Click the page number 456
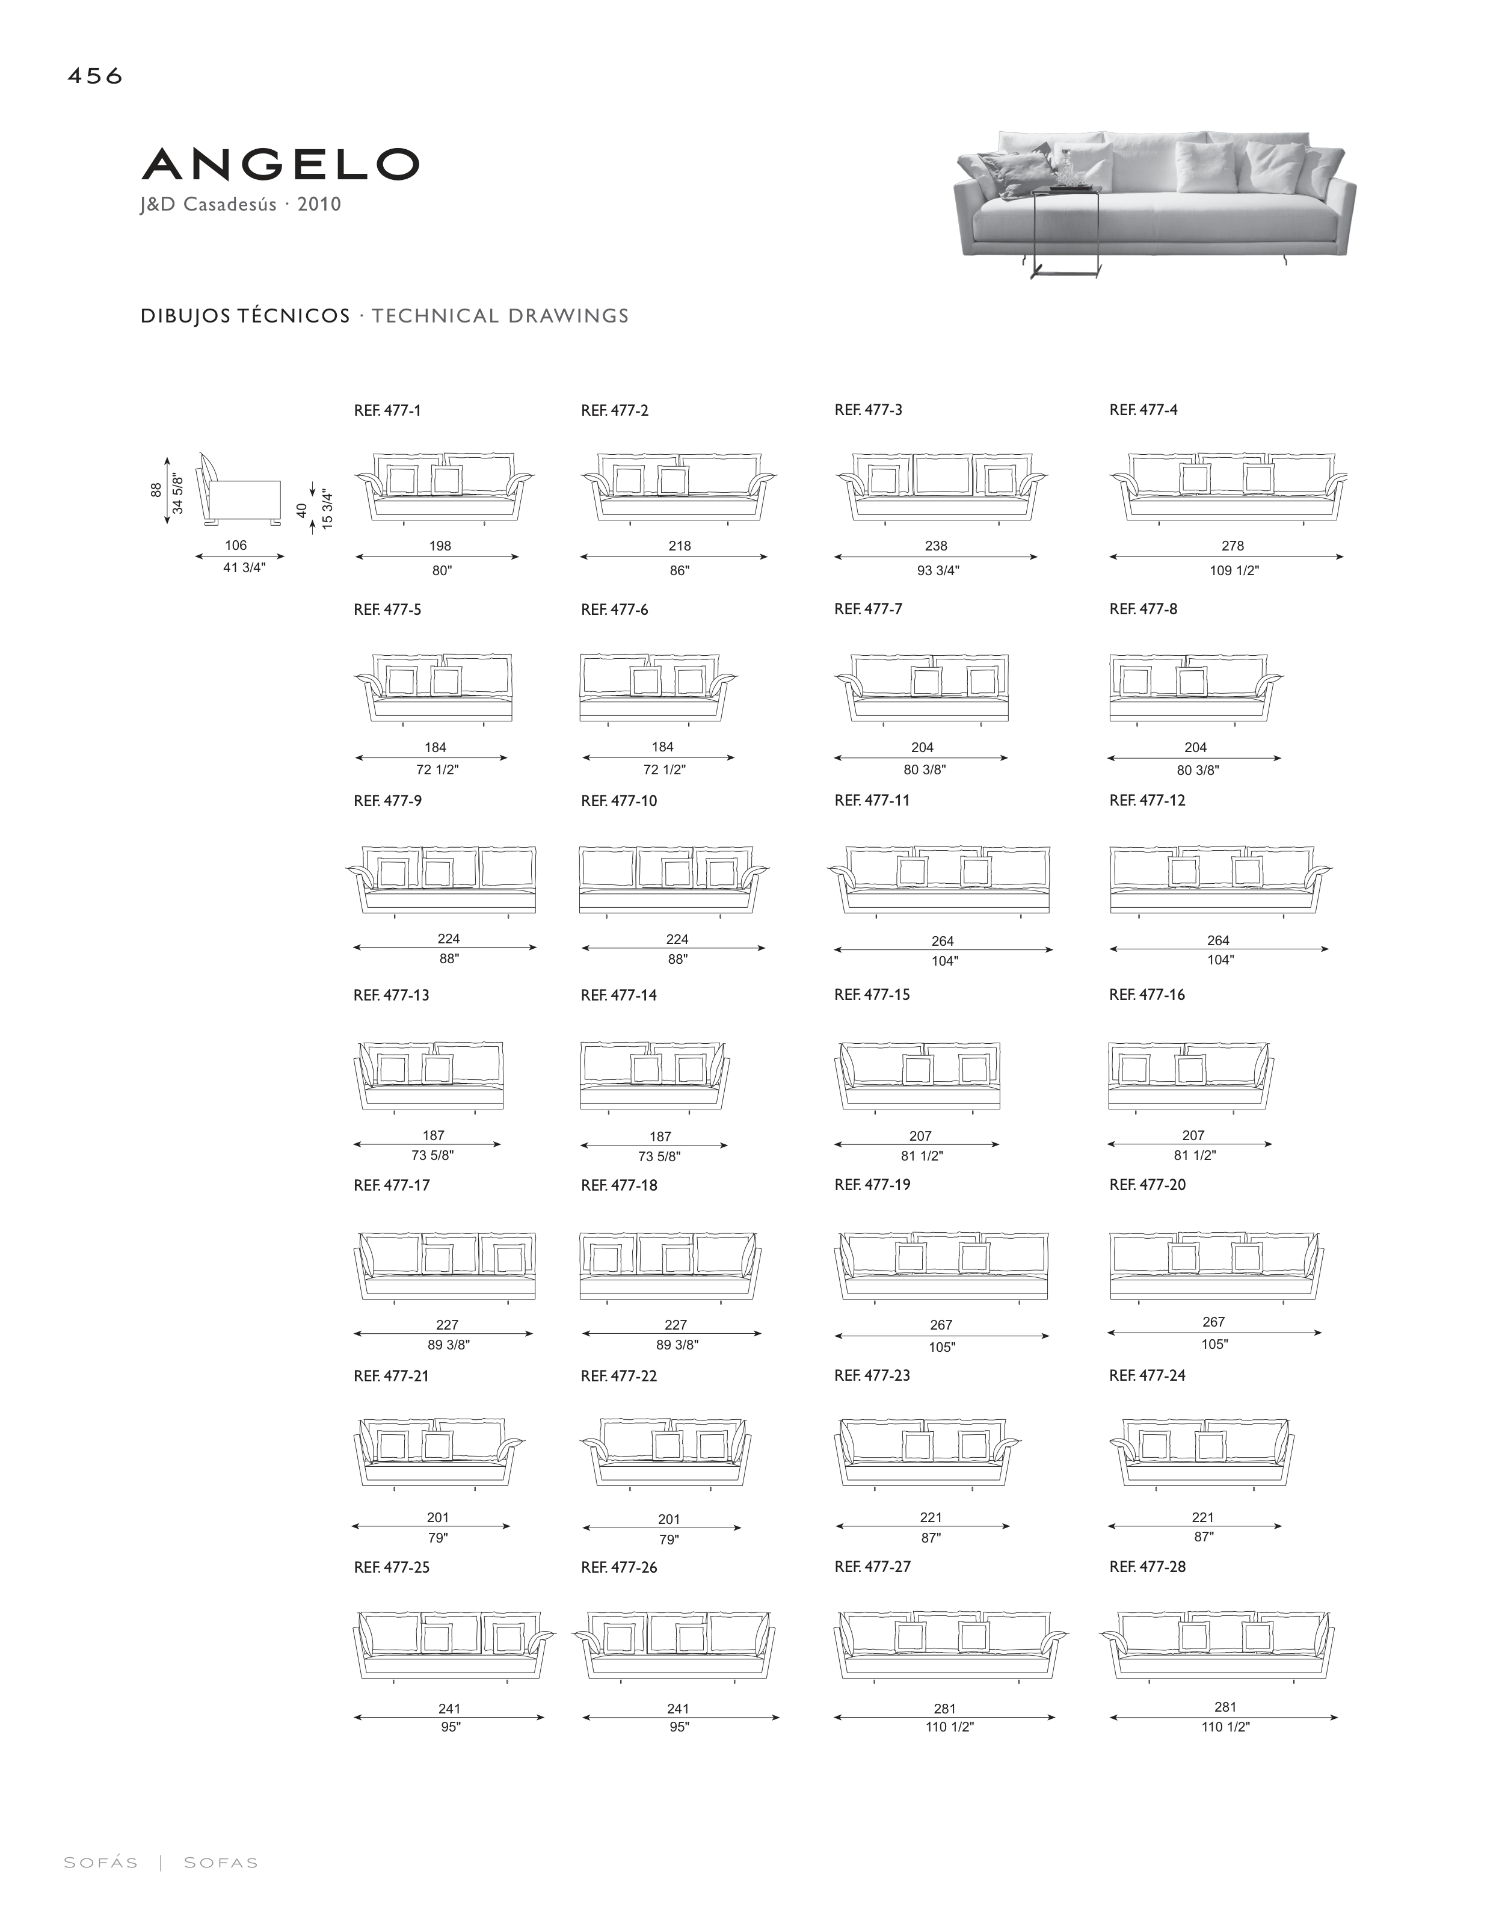[x=95, y=76]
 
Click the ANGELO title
[x=280, y=164]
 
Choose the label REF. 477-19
[x=872, y=1185]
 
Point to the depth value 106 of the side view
[x=236, y=545]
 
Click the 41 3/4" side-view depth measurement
[x=244, y=568]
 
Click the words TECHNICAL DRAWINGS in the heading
[x=499, y=316]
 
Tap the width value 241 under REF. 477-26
[x=677, y=1709]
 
